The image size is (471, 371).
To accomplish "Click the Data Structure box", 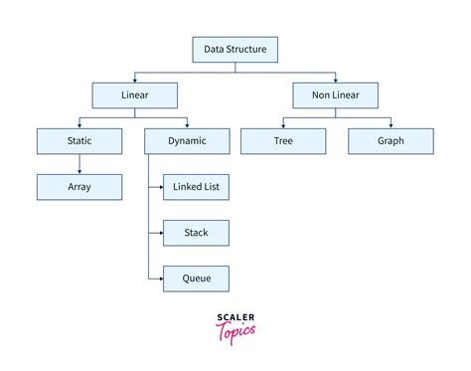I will coord(235,49).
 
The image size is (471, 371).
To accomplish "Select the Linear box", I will coord(134,94).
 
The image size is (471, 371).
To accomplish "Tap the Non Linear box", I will coord(335,94).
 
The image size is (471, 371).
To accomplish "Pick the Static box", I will coord(79,141).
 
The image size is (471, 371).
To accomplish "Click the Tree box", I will coord(282,141).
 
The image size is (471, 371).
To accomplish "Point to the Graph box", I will coord(390,141).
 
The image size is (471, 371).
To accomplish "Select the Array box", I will coord(79,187).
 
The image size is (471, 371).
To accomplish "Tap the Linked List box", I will coord(197,187).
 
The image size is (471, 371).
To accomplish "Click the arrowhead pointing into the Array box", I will coord(79,172).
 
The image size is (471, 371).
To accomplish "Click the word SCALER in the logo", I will coord(235,317).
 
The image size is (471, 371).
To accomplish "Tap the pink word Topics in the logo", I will coord(235,329).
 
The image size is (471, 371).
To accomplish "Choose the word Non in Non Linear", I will coord(320,94).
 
